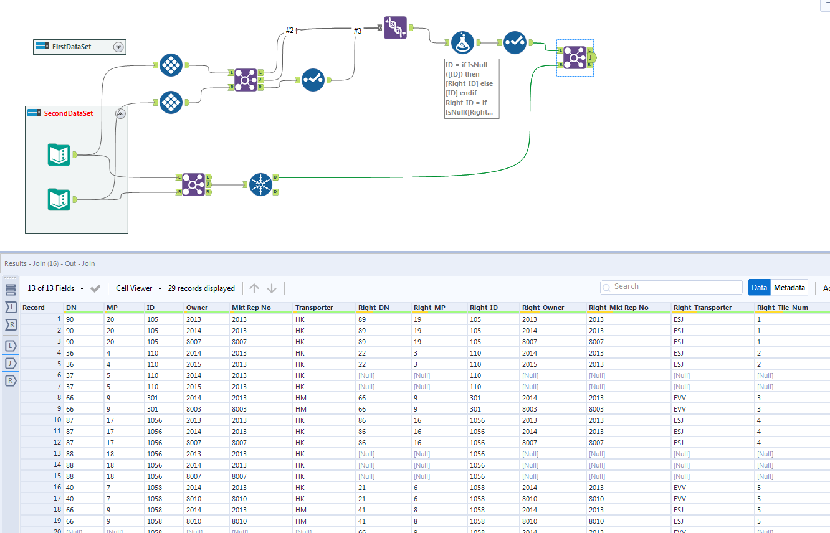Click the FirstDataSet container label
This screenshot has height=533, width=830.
pyautogui.click(x=72, y=47)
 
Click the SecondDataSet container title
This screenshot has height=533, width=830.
pyautogui.click(x=69, y=113)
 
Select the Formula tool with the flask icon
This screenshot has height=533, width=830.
pyautogui.click(x=462, y=42)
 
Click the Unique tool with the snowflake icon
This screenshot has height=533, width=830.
pyautogui.click(x=260, y=184)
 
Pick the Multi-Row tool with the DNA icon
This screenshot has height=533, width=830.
pyautogui.click(x=395, y=28)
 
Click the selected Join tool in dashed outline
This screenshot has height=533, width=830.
pyautogui.click(x=575, y=58)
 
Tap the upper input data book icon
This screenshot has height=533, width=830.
pyautogui.click(x=59, y=154)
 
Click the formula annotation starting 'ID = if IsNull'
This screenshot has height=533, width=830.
pyautogui.click(x=471, y=88)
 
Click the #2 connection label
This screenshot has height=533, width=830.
pyautogui.click(x=289, y=31)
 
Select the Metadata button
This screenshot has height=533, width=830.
pyautogui.click(x=789, y=288)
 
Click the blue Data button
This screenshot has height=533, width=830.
pyautogui.click(x=759, y=288)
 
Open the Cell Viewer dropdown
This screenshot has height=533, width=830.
pyautogui.click(x=138, y=288)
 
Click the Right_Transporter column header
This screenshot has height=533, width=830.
pyautogui.click(x=702, y=308)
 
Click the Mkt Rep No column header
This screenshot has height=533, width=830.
pyautogui.click(x=251, y=308)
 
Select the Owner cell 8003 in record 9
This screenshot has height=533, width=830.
pyautogui.click(x=194, y=409)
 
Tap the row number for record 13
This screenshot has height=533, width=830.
pyautogui.click(x=57, y=454)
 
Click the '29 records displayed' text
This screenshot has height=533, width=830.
pyautogui.click(x=201, y=288)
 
